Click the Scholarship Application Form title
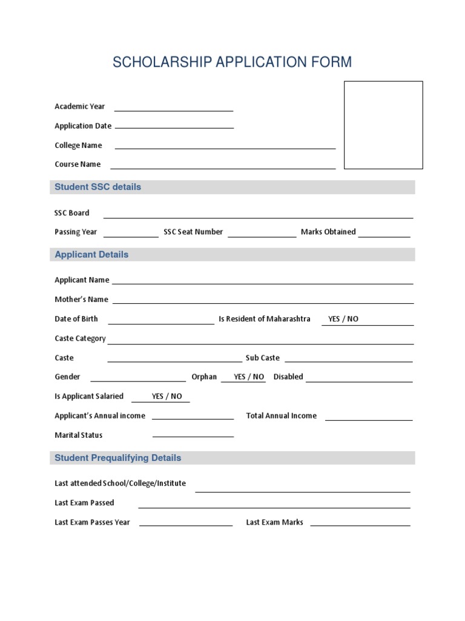(232, 62)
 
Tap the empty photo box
(383, 125)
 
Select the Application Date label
(83, 126)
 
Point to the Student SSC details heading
(97, 187)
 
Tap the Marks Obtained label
(328, 232)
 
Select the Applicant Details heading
(91, 255)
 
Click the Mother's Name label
(81, 300)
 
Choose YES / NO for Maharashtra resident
(343, 319)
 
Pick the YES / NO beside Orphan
(249, 377)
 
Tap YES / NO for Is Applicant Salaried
(167, 397)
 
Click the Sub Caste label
(262, 358)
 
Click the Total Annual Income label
(281, 416)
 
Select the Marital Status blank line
(193, 435)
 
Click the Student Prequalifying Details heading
(117, 458)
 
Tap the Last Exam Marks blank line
(360, 525)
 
